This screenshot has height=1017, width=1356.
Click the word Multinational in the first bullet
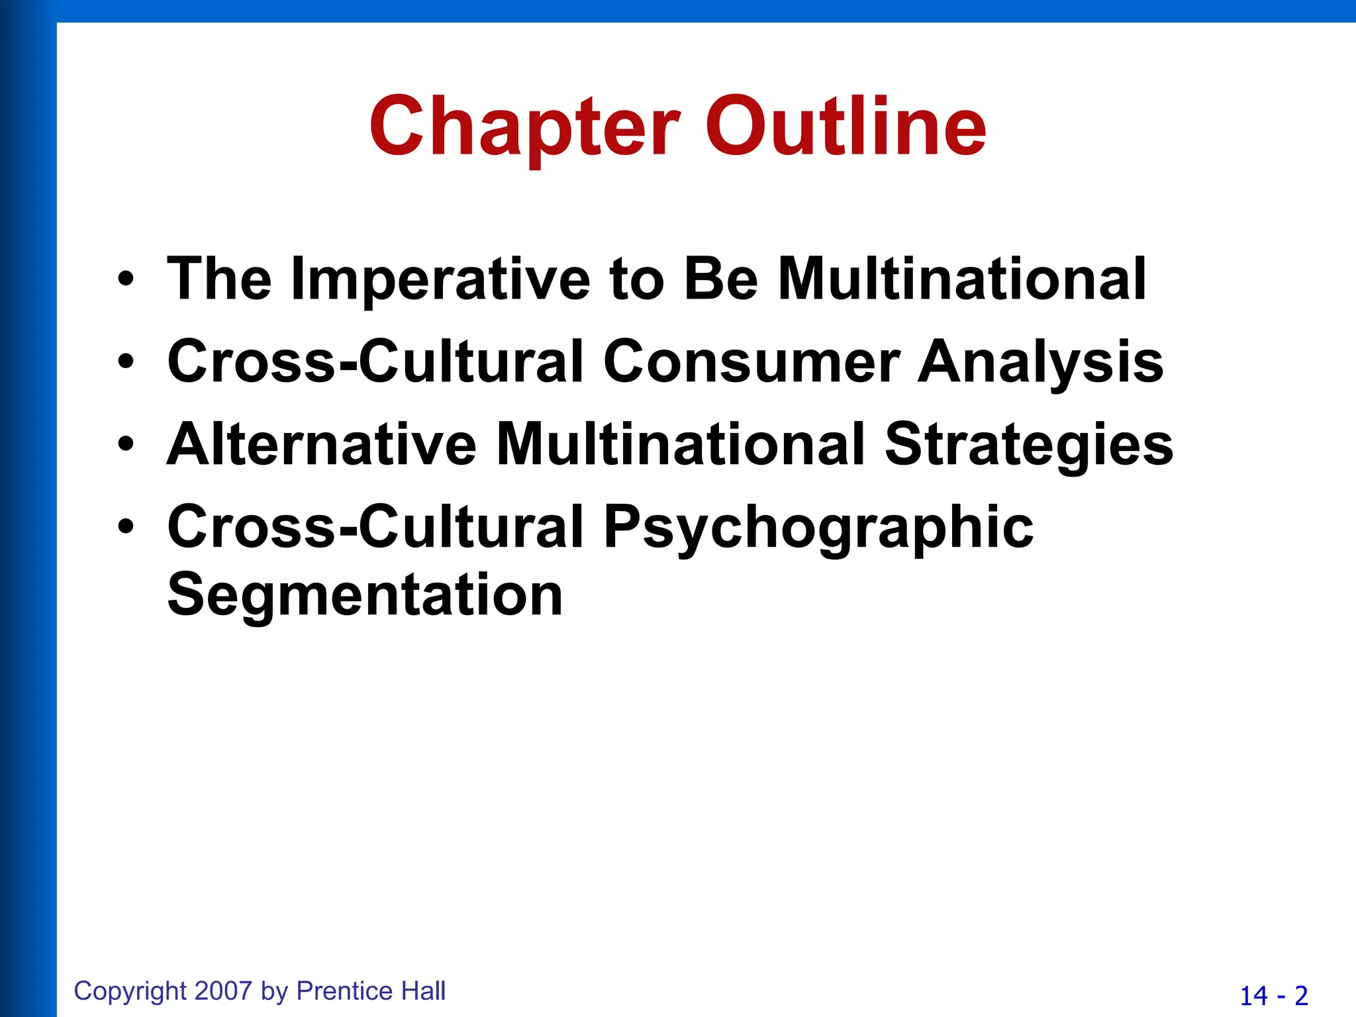[961, 279]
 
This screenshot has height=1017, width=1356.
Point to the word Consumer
[751, 362]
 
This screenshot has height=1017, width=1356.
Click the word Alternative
[321, 444]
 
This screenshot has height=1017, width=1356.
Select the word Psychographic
[818, 528]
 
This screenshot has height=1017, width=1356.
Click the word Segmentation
[365, 595]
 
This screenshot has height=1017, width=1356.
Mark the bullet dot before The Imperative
[126, 280]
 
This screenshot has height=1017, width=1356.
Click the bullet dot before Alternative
[126, 445]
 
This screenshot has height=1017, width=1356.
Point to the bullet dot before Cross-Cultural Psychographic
[126, 528]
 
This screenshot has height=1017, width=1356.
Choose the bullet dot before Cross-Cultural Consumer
[126, 362]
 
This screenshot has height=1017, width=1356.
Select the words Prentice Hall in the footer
[371, 991]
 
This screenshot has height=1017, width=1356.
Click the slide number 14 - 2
[1273, 996]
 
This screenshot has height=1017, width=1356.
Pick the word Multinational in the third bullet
[681, 444]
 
